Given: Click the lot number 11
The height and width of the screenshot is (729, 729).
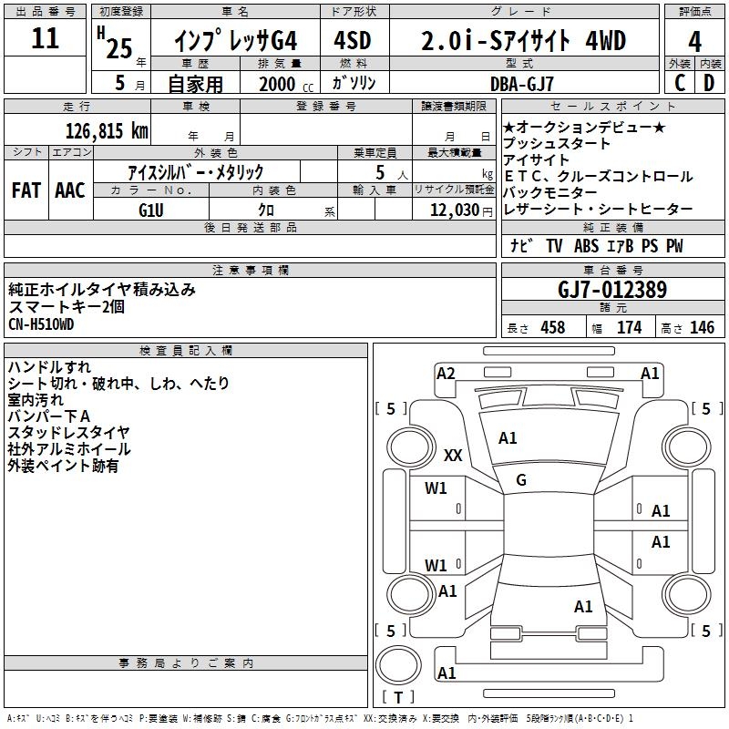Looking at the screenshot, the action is (45, 39).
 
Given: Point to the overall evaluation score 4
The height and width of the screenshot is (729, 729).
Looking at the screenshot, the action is (694, 41).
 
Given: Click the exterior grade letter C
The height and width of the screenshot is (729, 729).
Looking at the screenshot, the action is (680, 82).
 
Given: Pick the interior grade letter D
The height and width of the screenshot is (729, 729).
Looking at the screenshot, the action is (710, 82).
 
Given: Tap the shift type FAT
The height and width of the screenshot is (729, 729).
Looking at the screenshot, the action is (26, 190).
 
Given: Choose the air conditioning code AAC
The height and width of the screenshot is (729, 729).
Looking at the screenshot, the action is (69, 190).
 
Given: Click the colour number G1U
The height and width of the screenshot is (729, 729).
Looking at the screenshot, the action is (151, 210).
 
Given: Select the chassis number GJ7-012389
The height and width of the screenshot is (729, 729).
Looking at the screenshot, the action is (612, 290).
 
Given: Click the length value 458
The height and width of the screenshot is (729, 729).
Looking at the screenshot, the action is (553, 327).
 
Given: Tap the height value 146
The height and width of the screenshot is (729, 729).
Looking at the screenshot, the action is (702, 327).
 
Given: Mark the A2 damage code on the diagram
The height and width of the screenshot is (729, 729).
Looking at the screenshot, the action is (446, 373).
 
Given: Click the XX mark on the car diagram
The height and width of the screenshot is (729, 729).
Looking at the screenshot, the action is (453, 456).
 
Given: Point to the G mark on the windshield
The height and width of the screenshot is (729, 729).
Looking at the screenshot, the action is (521, 479).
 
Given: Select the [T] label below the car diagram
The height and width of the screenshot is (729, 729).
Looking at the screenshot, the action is (398, 698).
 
